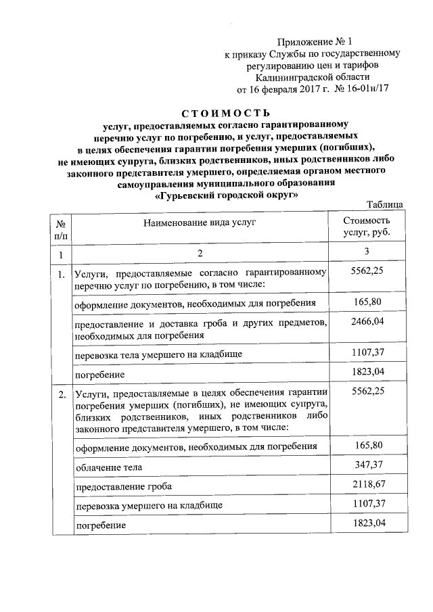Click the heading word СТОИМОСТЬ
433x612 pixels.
coord(226,112)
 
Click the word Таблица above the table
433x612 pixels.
coord(385,205)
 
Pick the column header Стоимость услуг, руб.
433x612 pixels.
coord(367,227)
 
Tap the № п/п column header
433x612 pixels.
coord(61,228)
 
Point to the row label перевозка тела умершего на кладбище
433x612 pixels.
coord(158,354)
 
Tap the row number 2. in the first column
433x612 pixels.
coord(61,394)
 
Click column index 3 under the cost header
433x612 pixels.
coord(367,254)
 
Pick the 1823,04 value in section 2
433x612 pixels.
coord(367,523)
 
